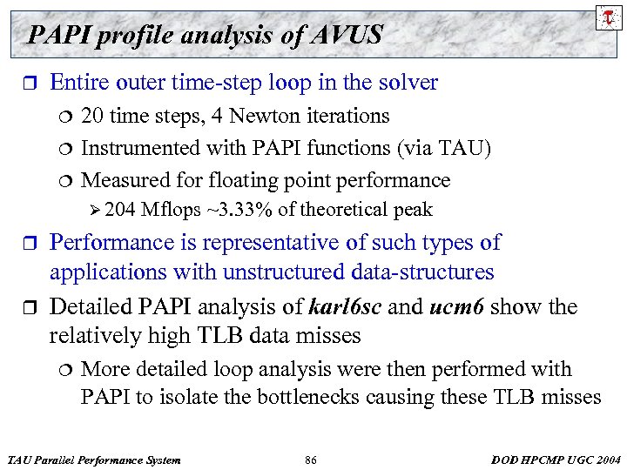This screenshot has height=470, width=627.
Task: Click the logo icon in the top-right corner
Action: pos(606,18)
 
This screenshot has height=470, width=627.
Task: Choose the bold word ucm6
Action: pos(457,307)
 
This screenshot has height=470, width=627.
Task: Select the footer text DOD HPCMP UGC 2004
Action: pos(556,460)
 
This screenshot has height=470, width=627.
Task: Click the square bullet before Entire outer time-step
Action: pos(31,84)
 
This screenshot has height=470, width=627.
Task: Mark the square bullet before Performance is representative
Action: pos(31,244)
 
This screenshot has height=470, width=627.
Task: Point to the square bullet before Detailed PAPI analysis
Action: pos(31,308)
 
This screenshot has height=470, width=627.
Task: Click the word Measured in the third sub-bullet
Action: pos(121,180)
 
